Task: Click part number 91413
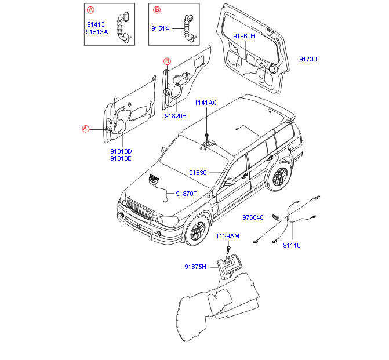pyautogui.click(x=96, y=24)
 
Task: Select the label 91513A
pyautogui.click(x=97, y=32)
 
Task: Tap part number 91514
pyautogui.click(x=160, y=28)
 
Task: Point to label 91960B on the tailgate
pyautogui.click(x=243, y=36)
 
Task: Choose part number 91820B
pyautogui.click(x=175, y=116)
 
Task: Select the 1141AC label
pyautogui.click(x=205, y=103)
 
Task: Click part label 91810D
pyautogui.click(x=121, y=151)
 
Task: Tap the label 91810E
pyautogui.click(x=121, y=158)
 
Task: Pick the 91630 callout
pyautogui.click(x=197, y=173)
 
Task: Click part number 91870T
pyautogui.click(x=186, y=194)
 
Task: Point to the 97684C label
pyautogui.click(x=253, y=217)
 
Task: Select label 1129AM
pyautogui.click(x=227, y=236)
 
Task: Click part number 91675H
pyautogui.click(x=195, y=267)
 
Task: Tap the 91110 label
pyautogui.click(x=292, y=245)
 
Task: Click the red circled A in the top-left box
pyautogui.click(x=90, y=10)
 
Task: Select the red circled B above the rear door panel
pyautogui.click(x=166, y=61)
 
